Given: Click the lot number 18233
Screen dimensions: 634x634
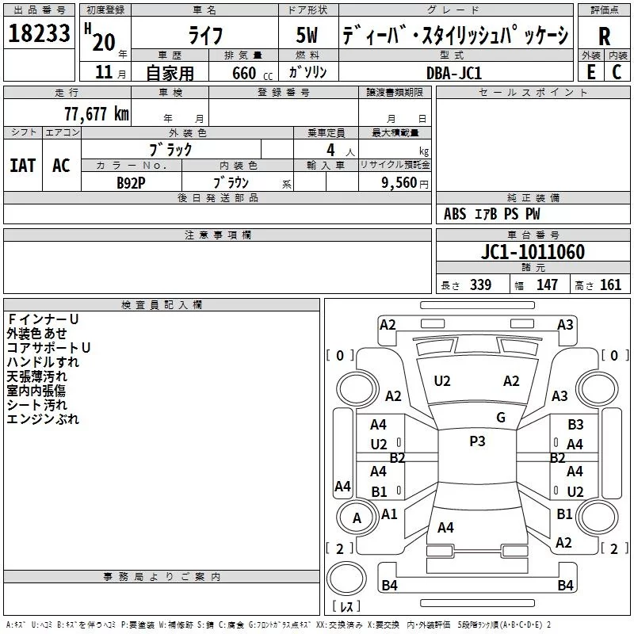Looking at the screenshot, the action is pos(39,34).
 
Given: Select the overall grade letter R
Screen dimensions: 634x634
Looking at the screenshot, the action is pos(604,36).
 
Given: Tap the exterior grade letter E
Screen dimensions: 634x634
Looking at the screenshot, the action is pos(590,71).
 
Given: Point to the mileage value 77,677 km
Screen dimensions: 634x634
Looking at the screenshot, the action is pos(96,113).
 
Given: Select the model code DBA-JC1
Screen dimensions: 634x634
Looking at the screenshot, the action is pos(453,73).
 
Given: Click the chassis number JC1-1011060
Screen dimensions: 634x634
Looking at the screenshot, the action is pos(533,252).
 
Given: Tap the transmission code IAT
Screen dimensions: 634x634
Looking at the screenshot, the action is pos(23,165).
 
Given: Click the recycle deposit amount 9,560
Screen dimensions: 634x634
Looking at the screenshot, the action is pos(399,182).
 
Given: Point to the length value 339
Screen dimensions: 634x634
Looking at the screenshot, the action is pos(480,285).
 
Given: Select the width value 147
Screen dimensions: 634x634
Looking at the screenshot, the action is pos(547,285).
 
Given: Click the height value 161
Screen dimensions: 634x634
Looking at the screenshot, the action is pos(610,285).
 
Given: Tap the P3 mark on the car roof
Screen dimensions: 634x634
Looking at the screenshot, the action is pos(477,441).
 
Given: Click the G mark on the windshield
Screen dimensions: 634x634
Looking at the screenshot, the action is pos(500,418).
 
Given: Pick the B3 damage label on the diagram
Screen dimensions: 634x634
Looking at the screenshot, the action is pos(575,425).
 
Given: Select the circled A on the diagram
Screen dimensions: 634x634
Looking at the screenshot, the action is pos(357,518).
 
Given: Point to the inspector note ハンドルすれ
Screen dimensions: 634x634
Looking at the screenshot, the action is pos(43,361).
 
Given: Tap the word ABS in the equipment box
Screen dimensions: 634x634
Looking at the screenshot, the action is pos(455,214).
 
